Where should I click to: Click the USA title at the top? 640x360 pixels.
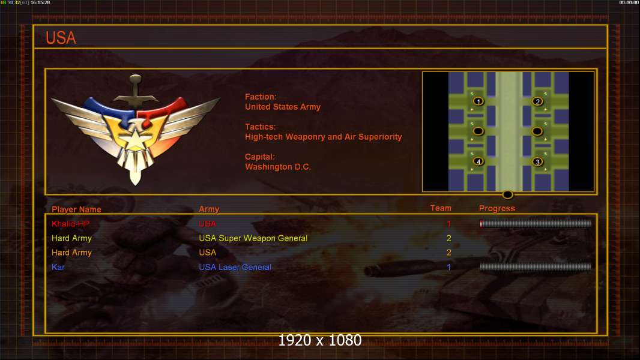point(61,38)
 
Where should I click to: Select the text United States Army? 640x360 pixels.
point(282,107)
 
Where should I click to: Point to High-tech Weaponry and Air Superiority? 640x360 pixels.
point(323,137)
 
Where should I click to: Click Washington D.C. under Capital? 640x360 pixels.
point(278,167)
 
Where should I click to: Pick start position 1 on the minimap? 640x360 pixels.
point(478,101)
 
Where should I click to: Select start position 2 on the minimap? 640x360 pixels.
point(537,101)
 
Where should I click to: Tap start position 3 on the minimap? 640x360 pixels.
point(537,162)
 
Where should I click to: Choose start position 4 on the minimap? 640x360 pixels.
point(478,161)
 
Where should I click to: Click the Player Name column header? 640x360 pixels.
point(76,209)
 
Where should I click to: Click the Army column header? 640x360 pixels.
point(209,209)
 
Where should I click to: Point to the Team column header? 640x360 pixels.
point(441,208)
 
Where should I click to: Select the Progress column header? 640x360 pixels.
point(497,209)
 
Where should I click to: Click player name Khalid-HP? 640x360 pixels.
point(71,224)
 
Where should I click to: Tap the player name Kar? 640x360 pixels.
point(58,267)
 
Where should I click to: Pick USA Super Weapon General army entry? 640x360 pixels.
point(253,238)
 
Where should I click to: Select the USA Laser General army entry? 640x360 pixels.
point(235,267)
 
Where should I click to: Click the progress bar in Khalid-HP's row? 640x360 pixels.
point(536,223)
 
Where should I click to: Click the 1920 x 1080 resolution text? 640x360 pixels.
point(320,340)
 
